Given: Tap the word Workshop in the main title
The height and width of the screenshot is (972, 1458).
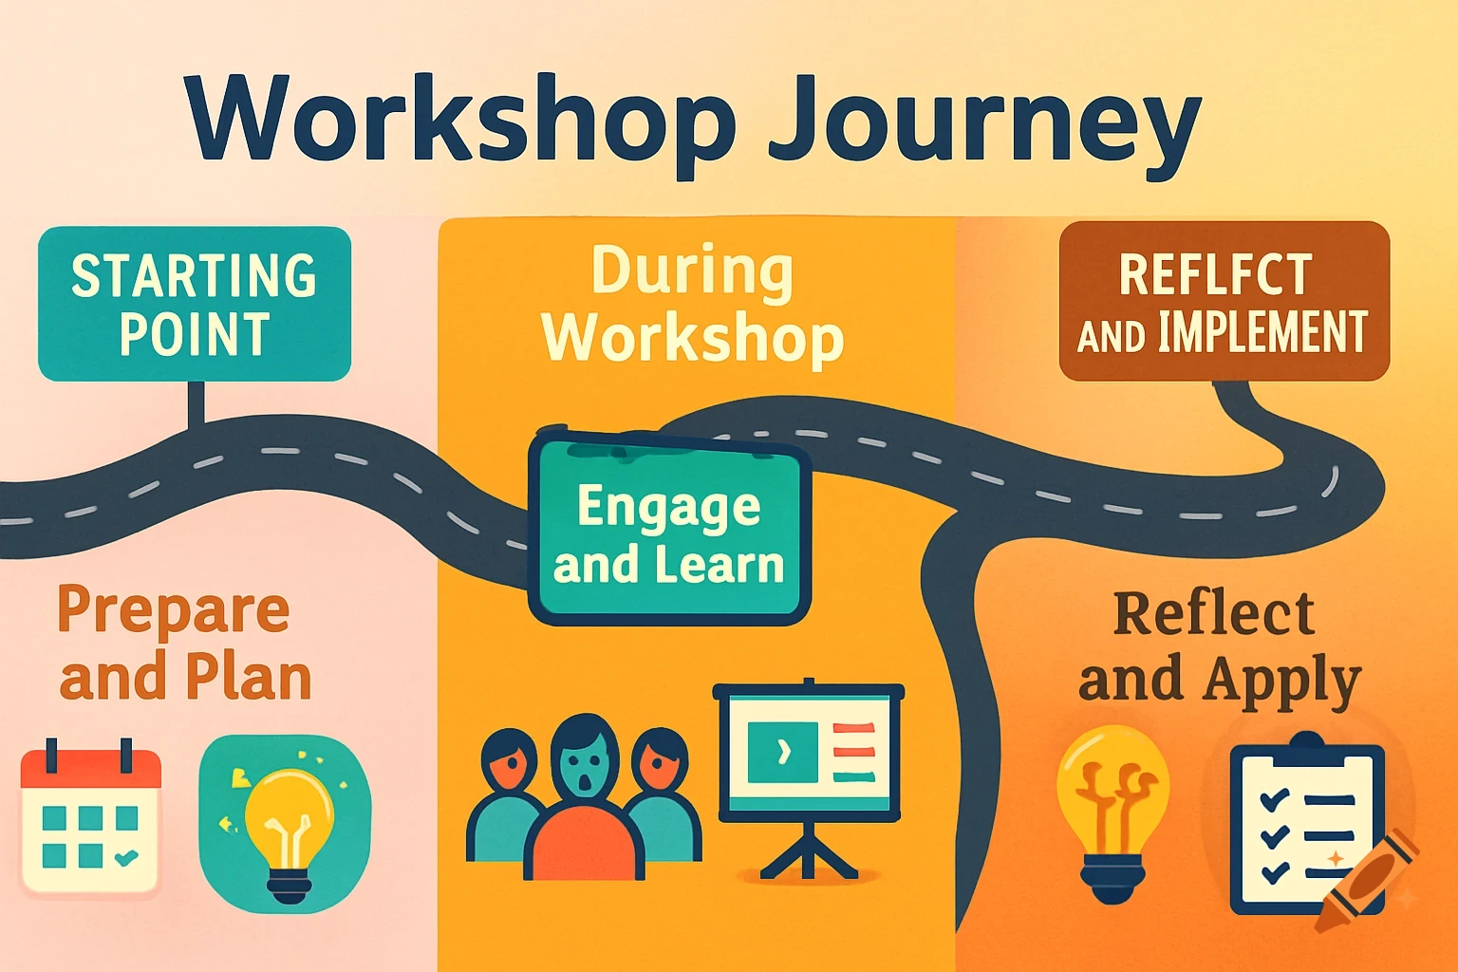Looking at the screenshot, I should tap(460, 119).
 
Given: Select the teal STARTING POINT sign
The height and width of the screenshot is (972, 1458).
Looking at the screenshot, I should tap(195, 304).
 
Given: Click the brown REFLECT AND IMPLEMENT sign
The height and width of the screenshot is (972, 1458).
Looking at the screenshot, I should tap(1224, 301).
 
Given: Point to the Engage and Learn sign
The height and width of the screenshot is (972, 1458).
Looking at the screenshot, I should tap(669, 533).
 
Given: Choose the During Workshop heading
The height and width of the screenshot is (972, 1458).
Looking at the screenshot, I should tap(693, 304).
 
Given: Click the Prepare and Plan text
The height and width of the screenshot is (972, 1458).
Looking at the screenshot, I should tap(180, 643).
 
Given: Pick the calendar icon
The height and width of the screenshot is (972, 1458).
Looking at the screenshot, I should tap(91, 820).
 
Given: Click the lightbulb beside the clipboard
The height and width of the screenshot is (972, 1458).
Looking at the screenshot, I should tap(1112, 811).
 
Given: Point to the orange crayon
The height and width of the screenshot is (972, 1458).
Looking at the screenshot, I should tap(1367, 883).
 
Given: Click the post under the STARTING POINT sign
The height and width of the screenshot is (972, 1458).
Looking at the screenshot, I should tap(196, 404).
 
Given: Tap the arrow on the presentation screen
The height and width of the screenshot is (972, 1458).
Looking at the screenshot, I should tap(783, 752).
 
